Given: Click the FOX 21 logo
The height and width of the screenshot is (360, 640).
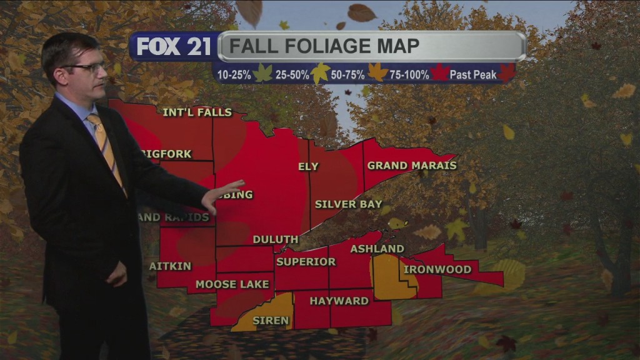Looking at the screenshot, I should point(173,47).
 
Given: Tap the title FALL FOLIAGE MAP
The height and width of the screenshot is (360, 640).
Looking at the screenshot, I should point(323,46).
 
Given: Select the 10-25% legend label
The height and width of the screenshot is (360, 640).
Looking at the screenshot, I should point(234,75).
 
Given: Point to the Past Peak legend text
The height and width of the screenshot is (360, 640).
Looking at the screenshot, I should point(472,75).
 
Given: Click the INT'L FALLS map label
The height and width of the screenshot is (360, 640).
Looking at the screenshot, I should point(197,113).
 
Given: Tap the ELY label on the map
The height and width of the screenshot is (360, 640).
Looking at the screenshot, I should point(308,167).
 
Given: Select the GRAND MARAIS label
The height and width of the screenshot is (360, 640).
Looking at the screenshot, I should point(411,166).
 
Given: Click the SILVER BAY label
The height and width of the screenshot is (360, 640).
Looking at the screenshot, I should point(348,204).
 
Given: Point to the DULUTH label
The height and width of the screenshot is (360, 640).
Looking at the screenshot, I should point(275,239).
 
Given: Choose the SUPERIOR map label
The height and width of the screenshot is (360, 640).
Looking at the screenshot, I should point(306,262).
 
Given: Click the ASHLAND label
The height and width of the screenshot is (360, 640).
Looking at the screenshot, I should point(377,249).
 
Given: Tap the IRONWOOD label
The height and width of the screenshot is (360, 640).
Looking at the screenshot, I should point(437,269).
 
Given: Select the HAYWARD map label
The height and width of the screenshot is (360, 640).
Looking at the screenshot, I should point(339,301).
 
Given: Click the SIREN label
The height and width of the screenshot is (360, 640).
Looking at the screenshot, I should point(271,321).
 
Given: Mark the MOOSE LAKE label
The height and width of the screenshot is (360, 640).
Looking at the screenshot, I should point(232,284).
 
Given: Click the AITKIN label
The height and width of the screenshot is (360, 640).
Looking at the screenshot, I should point(162,266).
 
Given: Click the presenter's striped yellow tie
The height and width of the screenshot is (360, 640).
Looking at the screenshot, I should point(106,147).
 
